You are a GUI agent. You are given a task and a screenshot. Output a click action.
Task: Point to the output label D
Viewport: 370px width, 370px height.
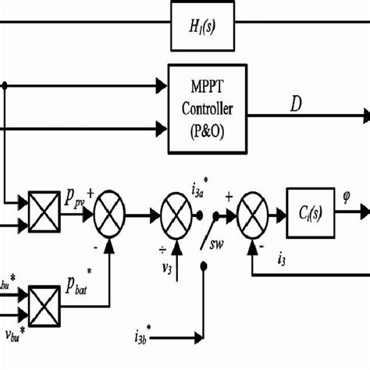pyautogui.click(x=296, y=103)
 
